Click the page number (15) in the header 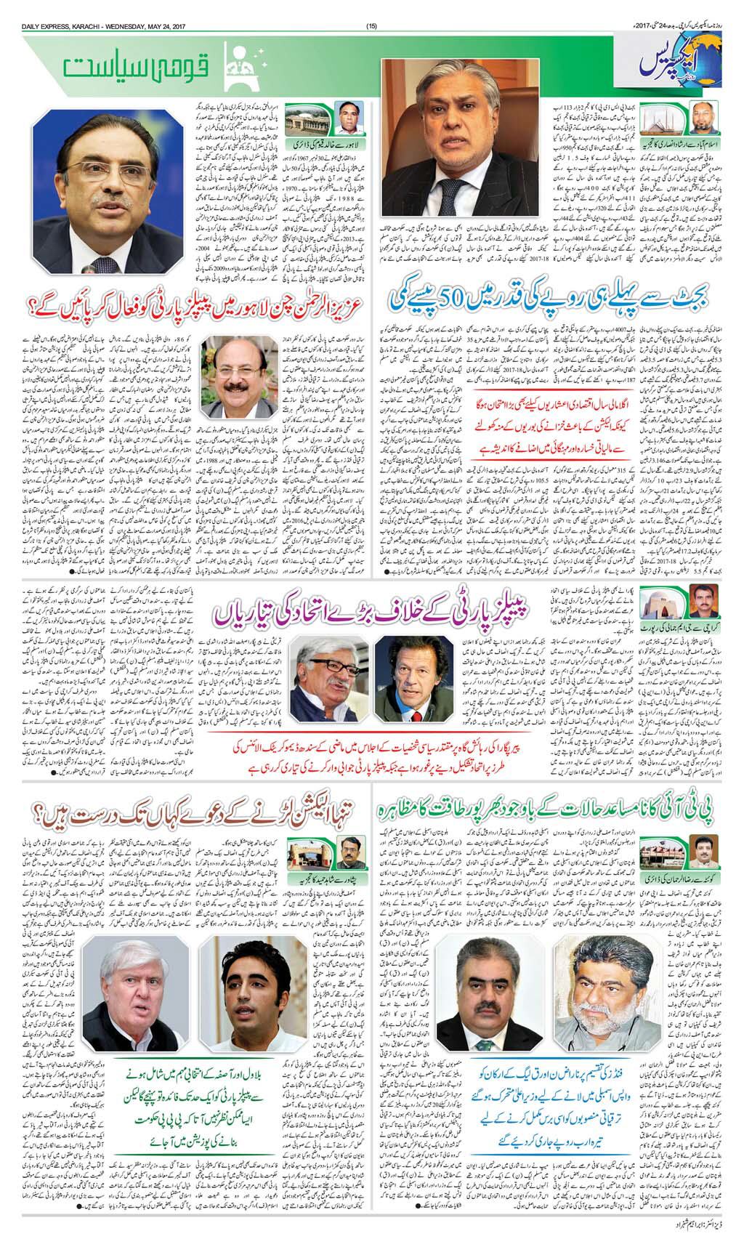(372, 7)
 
